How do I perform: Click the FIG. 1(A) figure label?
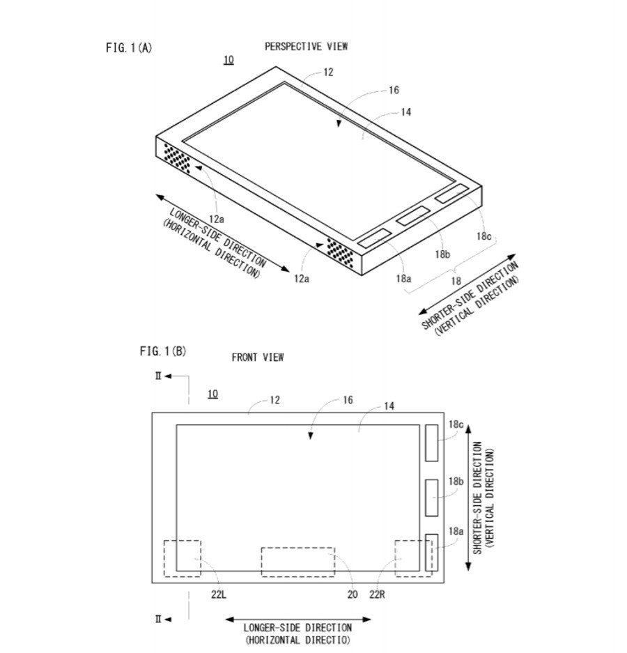tap(128, 47)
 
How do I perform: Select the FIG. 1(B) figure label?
tap(162, 351)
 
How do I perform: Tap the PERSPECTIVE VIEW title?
tap(306, 47)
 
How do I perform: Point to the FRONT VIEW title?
tap(258, 358)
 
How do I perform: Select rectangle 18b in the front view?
tap(432, 498)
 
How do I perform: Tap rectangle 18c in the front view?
tap(432, 443)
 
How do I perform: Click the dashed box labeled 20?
tap(297, 562)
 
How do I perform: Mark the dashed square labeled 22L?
tap(182, 558)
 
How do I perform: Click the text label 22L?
tap(218, 594)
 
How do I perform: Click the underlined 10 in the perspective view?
tap(229, 60)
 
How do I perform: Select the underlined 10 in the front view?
tap(212, 394)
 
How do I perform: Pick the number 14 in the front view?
tap(389, 406)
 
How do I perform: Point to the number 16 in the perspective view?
tap(394, 90)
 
